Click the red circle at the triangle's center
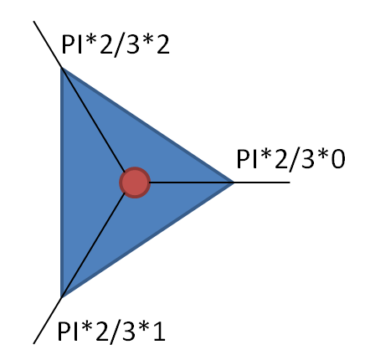[x=135, y=183]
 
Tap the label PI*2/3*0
[x=290, y=160]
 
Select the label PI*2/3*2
[x=116, y=45]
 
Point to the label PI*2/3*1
[x=111, y=332]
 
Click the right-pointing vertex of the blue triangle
[x=234, y=183]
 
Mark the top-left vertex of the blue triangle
[x=61, y=68]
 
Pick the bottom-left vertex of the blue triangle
[x=61, y=297]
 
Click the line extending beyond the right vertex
[x=262, y=183]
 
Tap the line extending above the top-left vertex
[x=48, y=44]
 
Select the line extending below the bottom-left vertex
[x=48, y=321]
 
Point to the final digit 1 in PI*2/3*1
[x=158, y=331]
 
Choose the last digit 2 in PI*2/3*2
[x=162, y=44]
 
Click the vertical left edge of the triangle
[x=62, y=183]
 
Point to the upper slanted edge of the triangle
[x=147, y=125]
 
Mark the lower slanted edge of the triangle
[x=147, y=240]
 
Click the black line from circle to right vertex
[x=192, y=183]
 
